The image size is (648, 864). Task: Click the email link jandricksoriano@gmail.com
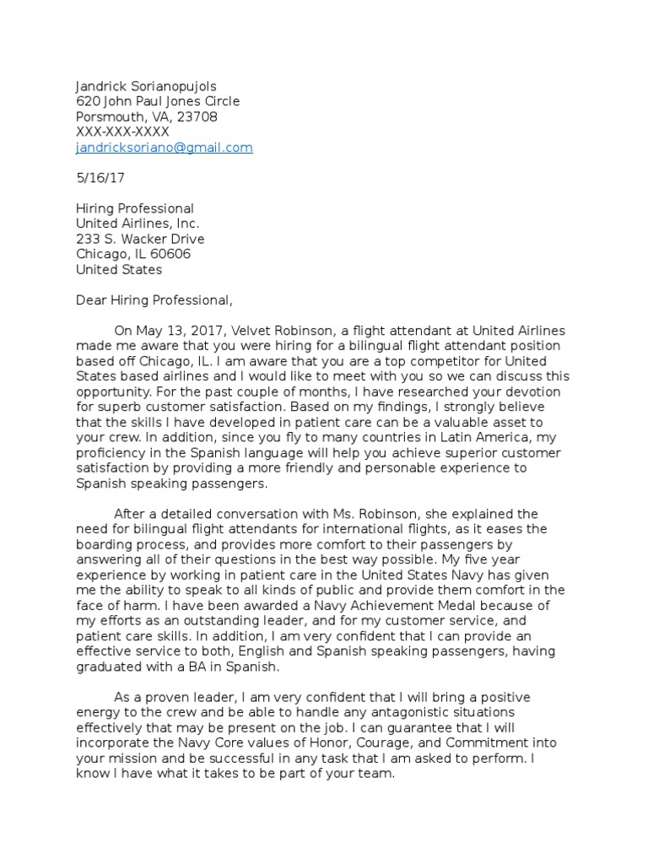coord(165,148)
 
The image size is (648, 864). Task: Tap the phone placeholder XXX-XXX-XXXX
coord(122,132)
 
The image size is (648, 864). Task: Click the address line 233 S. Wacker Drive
coord(140,239)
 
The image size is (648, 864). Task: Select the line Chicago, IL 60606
coord(133,254)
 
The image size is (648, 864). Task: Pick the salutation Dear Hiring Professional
coord(153,300)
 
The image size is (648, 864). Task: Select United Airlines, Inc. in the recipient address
coord(138,224)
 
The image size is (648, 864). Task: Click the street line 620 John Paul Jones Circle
coord(158,102)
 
